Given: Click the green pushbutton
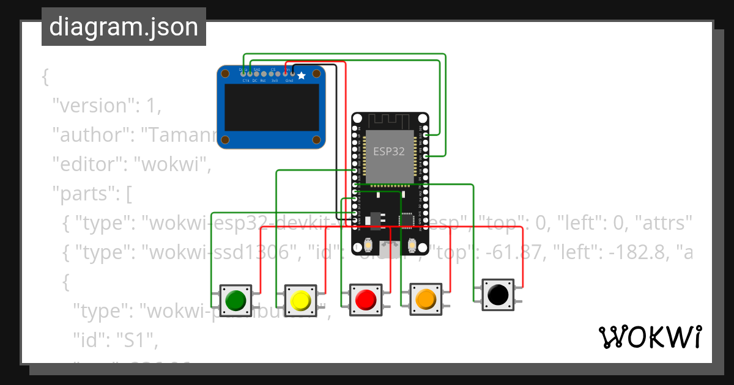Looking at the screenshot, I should click(235, 300).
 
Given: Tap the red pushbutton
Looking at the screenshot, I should click(365, 299).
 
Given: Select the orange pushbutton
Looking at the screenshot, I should click(425, 299).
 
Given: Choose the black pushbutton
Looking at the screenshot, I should click(498, 295).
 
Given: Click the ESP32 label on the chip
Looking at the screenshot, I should click(389, 152).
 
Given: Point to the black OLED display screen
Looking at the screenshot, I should click(272, 110).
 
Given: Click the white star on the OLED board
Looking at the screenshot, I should click(302, 76).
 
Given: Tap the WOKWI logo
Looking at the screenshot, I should click(650, 337).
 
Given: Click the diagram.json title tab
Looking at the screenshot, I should click(124, 27).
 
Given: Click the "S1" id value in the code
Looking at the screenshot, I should click(132, 342).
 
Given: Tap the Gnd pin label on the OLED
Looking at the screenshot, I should click(289, 80).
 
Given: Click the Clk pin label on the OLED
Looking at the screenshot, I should click(246, 80).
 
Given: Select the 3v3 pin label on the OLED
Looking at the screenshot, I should click(275, 80).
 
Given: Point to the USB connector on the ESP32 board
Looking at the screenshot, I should click(390, 248).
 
